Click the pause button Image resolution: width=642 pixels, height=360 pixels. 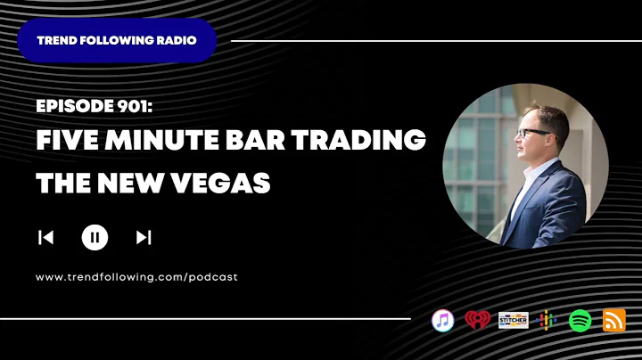click(95, 237)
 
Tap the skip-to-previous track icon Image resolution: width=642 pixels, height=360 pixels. click(45, 237)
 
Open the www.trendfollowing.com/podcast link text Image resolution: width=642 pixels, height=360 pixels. click(136, 277)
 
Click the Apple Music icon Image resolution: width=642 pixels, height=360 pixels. click(443, 321)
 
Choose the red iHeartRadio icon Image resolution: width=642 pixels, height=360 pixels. click(477, 321)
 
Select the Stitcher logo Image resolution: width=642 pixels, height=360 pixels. click(513, 321)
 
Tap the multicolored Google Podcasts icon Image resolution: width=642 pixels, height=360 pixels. click(547, 321)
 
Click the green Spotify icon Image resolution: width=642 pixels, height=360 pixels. click(580, 321)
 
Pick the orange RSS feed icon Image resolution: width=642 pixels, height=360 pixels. click(614, 321)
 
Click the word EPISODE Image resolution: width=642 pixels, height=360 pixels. click(70, 106)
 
